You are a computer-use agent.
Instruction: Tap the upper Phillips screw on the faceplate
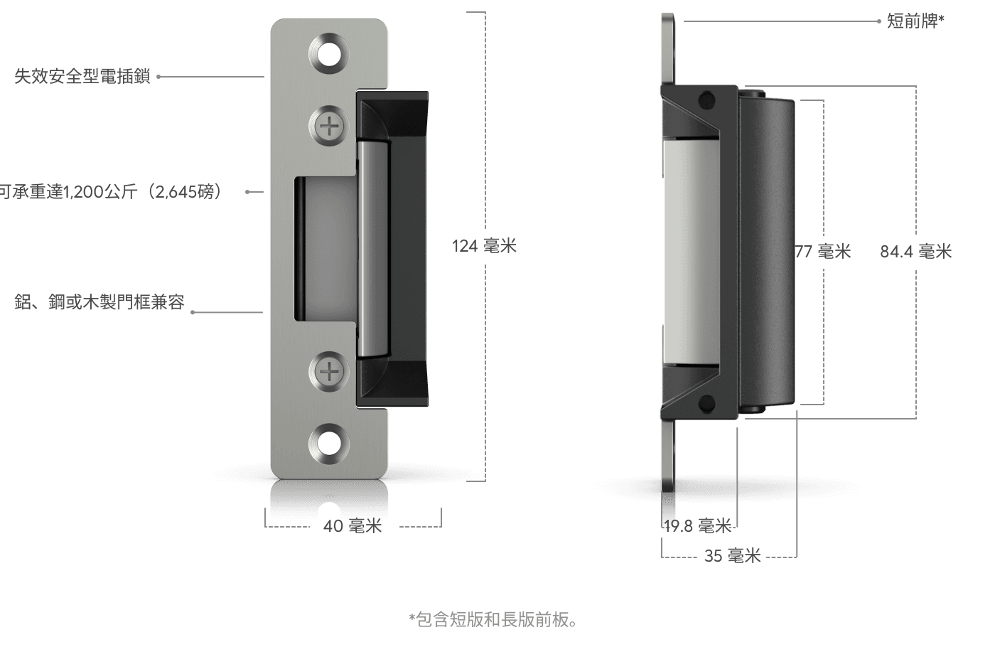tap(329, 127)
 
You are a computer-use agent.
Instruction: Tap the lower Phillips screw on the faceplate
tap(329, 370)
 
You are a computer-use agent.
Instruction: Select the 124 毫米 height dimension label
tap(484, 246)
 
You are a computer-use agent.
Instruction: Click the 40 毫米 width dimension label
tap(353, 526)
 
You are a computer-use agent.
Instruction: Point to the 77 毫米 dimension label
tap(823, 251)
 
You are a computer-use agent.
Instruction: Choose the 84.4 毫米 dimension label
tap(915, 251)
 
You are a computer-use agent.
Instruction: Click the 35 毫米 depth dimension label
tap(732, 556)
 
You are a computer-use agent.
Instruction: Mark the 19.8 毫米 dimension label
tap(697, 526)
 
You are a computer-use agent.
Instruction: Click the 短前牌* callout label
tap(915, 21)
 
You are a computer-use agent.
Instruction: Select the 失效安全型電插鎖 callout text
tap(83, 76)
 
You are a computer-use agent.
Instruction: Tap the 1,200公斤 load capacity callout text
tap(111, 192)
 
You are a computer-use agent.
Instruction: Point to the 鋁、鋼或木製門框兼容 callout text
tap(99, 302)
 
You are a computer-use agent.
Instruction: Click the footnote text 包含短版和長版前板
tap(494, 620)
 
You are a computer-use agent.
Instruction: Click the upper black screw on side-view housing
tap(706, 101)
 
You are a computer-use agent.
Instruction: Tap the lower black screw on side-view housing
tap(706, 404)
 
